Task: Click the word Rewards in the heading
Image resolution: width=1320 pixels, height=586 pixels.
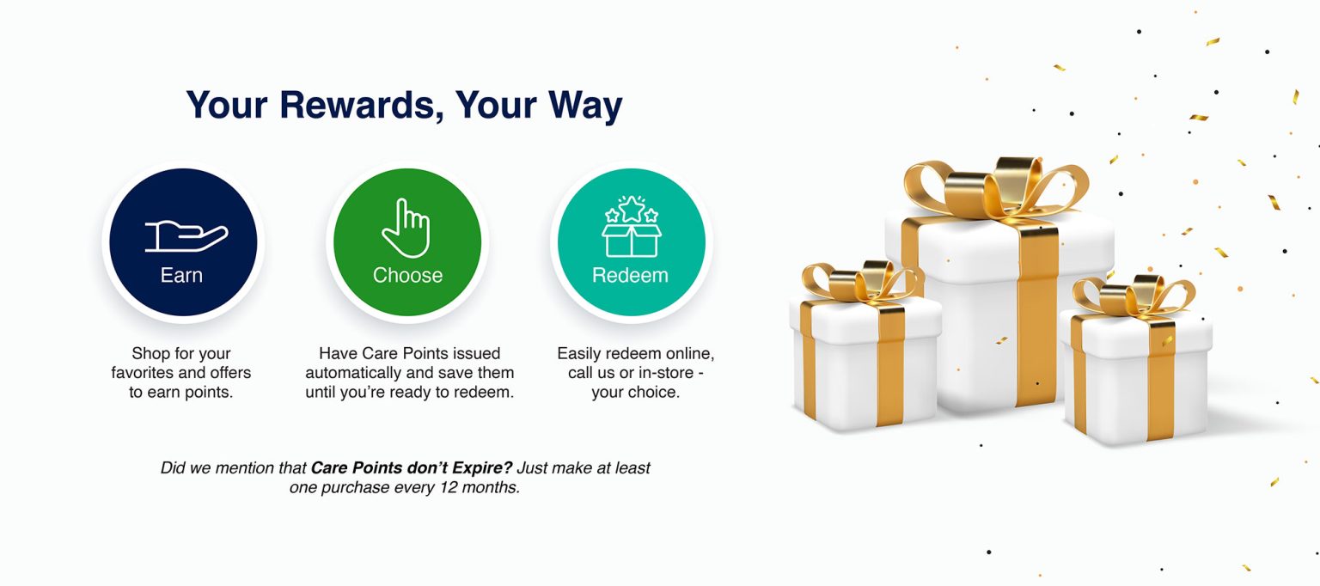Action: pos(361,106)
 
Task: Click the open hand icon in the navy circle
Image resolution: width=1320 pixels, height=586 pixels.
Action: pos(186,236)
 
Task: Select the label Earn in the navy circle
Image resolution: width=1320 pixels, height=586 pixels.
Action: pos(181,275)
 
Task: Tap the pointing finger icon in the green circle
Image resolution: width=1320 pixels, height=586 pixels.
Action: pos(406,228)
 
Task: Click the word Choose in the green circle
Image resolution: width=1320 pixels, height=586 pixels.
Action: pos(408,275)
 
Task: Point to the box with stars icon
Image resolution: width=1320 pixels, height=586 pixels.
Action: pos(631,227)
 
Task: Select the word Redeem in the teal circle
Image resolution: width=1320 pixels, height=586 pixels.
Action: pos(630,275)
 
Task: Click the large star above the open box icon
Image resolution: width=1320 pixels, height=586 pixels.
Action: pos(631,209)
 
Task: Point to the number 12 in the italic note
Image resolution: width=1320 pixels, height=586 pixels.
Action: pos(449,487)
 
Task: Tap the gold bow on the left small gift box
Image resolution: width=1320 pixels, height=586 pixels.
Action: pos(860,283)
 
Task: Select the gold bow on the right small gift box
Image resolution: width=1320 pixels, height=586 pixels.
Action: pos(1134,296)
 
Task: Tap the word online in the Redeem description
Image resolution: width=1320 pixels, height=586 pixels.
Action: pos(676,353)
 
